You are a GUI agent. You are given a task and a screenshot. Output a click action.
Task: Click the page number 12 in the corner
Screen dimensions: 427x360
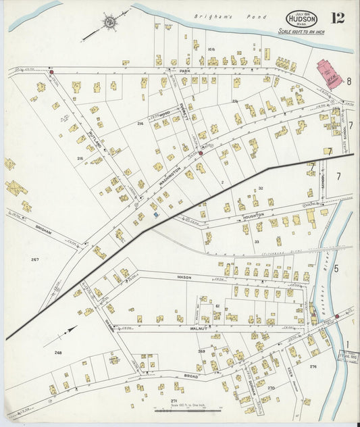[x=337, y=18]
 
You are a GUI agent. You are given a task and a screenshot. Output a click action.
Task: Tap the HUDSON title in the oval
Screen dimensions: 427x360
[x=301, y=20]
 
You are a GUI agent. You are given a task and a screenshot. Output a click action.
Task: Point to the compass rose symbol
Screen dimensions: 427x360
[x=108, y=22]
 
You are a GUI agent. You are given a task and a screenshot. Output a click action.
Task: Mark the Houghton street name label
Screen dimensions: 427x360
[x=253, y=216]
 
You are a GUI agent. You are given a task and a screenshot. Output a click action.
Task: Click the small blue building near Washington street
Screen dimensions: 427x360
[x=156, y=215]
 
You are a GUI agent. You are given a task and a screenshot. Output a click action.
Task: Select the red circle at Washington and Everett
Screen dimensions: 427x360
[x=201, y=153]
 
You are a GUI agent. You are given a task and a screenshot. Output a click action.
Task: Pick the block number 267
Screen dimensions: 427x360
[x=35, y=259]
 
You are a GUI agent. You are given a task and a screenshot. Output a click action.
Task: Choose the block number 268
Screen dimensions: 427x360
[x=58, y=353]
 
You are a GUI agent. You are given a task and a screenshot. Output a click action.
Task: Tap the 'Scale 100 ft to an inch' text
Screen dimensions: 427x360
[x=303, y=32]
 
